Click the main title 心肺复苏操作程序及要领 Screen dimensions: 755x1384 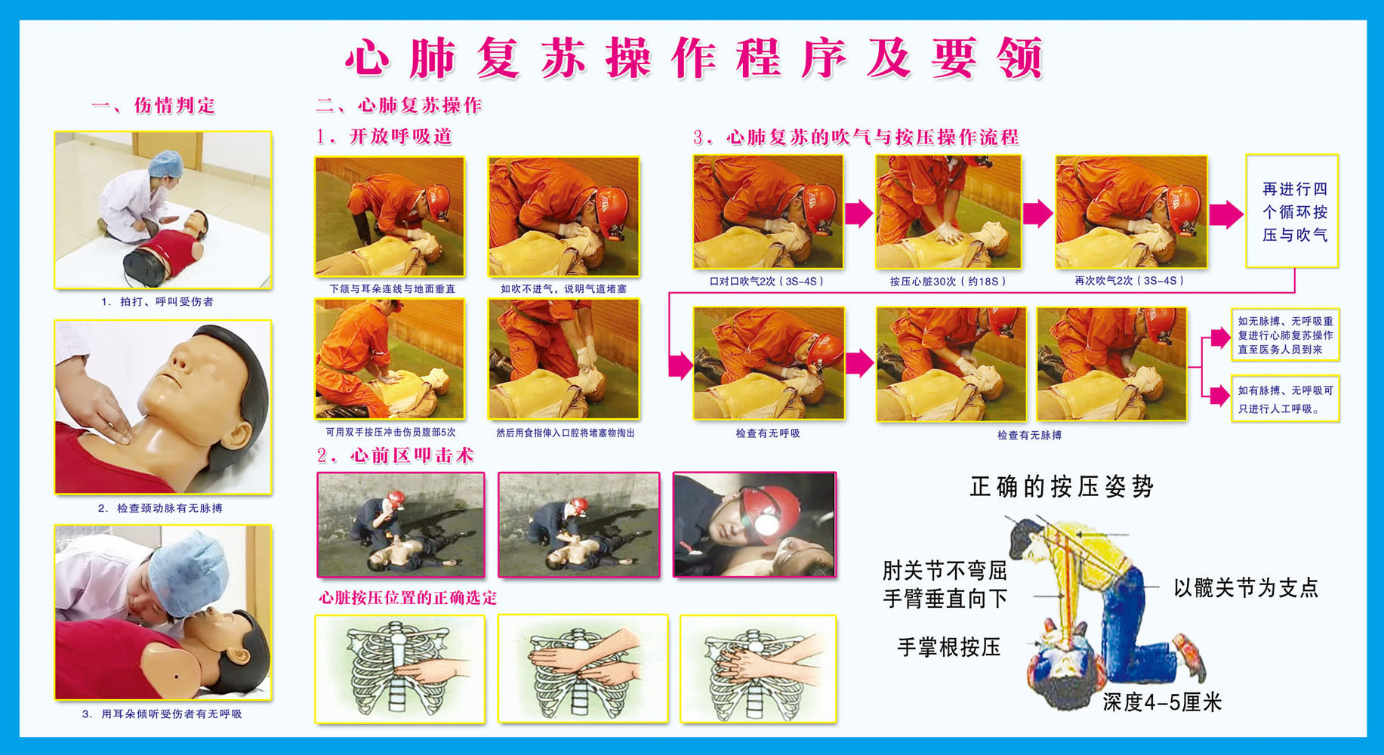[694, 58]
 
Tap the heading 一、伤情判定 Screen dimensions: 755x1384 [153, 106]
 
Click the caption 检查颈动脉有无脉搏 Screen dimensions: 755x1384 [160, 508]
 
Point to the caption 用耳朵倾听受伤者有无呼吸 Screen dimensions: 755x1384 [162, 713]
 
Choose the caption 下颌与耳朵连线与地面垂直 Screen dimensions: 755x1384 [392, 288]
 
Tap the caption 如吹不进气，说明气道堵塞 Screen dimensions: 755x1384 [563, 288]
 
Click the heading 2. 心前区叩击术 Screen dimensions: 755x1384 [395, 455]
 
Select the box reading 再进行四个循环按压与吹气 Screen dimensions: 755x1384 [1293, 212]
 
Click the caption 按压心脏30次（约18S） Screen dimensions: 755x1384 [948, 281]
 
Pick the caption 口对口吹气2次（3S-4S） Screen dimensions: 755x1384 [766, 281]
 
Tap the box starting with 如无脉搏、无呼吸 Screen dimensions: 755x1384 [1285, 334]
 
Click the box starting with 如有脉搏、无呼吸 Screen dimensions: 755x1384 [1285, 399]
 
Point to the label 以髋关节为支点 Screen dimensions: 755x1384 [1246, 587]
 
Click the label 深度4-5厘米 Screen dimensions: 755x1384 [1161, 702]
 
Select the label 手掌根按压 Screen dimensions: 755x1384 [948, 647]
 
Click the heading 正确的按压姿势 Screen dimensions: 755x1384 [1062, 487]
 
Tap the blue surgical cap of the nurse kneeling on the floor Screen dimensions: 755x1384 [165, 162]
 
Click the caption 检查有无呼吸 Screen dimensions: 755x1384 [767, 433]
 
